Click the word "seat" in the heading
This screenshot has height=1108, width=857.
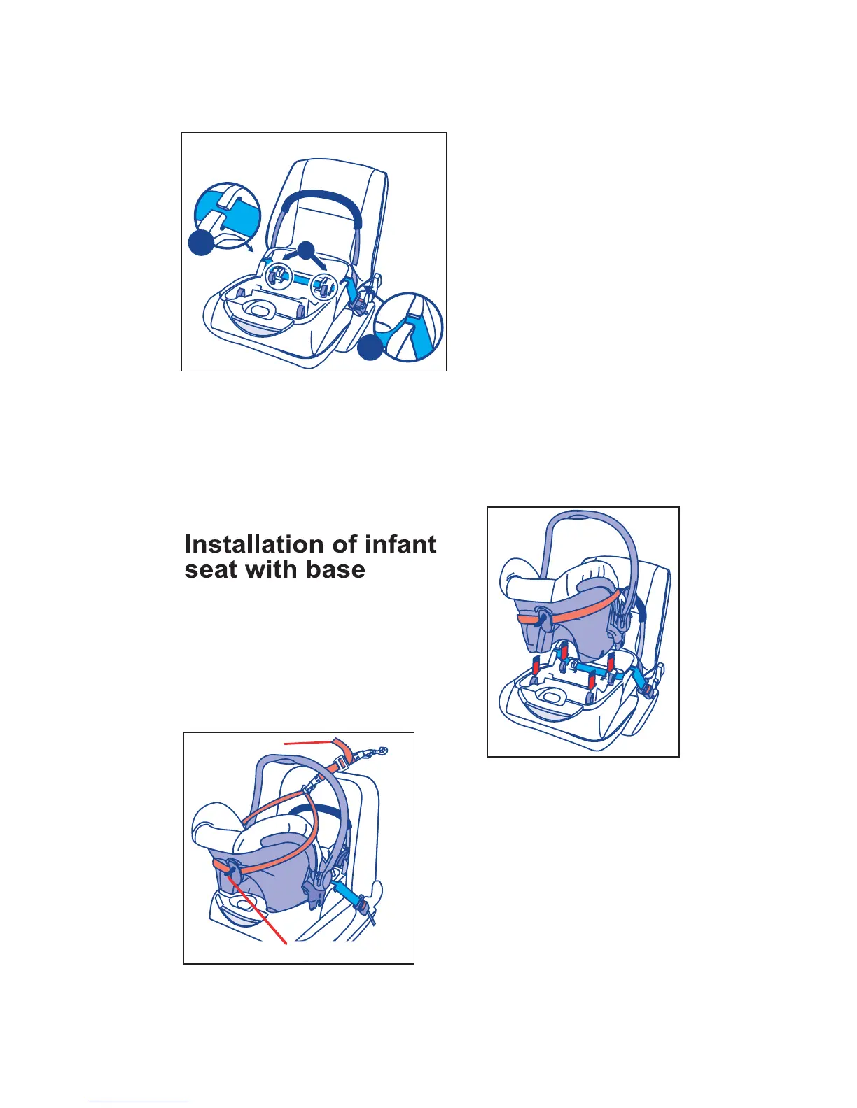point(211,569)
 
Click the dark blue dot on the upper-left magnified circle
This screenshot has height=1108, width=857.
point(201,243)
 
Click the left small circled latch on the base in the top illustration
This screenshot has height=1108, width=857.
point(277,276)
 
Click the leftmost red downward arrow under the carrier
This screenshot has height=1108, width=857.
point(534,665)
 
